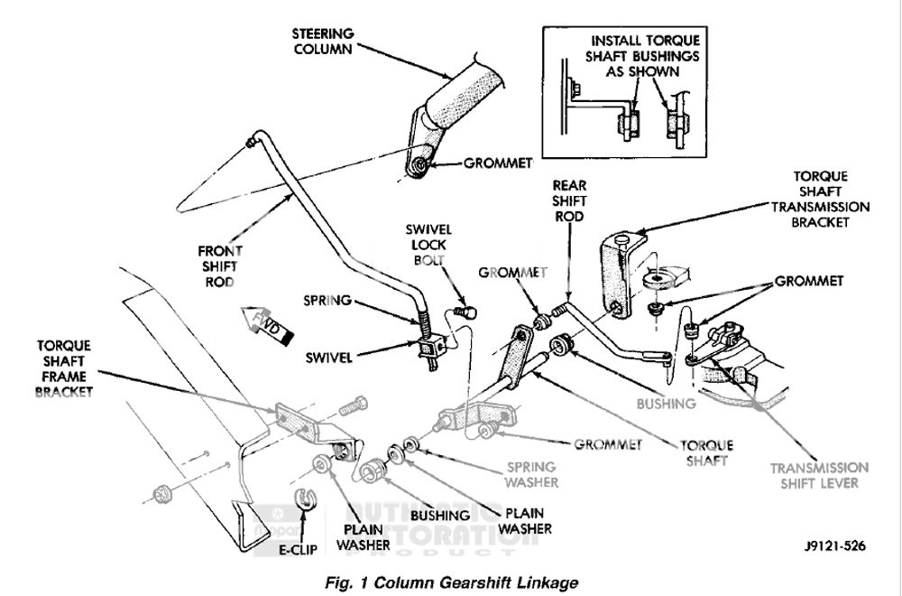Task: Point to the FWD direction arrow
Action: coord(268,326)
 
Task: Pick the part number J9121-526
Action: coord(830,546)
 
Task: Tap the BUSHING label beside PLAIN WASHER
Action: coord(438,515)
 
